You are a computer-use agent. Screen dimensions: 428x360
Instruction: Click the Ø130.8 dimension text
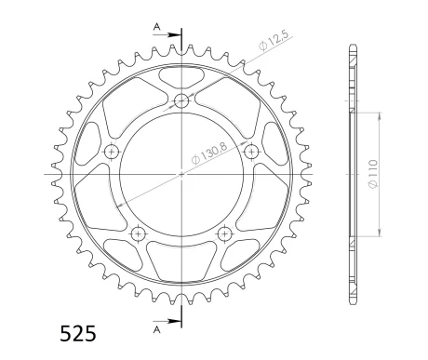(x=209, y=153)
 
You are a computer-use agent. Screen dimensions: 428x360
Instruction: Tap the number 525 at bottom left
(x=78, y=334)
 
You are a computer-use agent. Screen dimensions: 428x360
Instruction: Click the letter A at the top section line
(x=157, y=27)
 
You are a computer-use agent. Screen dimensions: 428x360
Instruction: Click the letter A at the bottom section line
(x=157, y=330)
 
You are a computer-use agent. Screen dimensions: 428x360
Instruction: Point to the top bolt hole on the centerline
(x=181, y=100)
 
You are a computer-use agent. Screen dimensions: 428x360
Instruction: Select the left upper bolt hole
(x=112, y=152)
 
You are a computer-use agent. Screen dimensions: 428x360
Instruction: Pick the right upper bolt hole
(x=251, y=152)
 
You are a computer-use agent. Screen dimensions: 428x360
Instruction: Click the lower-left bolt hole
(x=139, y=234)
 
